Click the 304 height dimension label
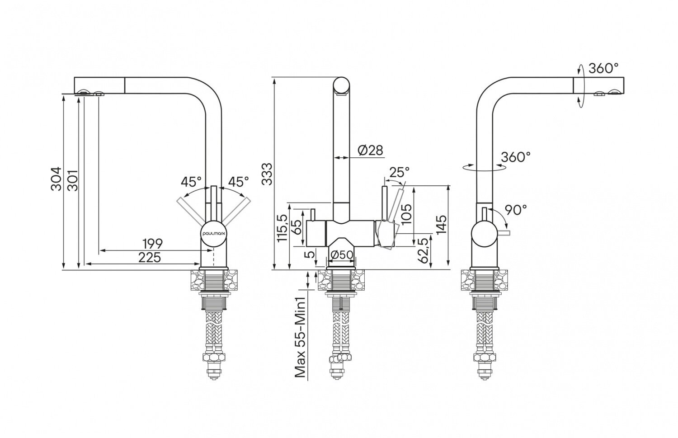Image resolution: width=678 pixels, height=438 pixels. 55,179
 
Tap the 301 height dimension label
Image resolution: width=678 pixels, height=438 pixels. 72,180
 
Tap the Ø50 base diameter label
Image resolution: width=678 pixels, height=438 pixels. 341,255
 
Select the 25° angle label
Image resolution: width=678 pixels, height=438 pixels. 399,172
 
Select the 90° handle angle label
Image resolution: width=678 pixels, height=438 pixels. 516,210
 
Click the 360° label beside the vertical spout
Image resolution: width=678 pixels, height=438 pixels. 516,157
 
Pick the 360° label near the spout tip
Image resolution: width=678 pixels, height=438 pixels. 603,68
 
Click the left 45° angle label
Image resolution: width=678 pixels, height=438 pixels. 191,182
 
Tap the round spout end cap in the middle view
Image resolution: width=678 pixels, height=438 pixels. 342,85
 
